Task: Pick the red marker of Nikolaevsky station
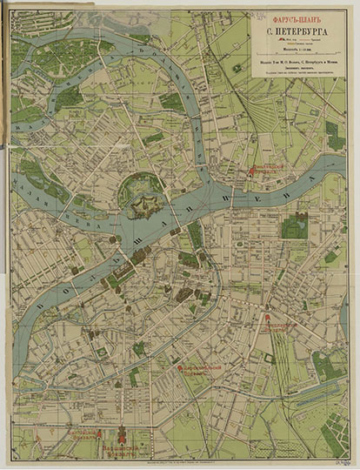(x=267, y=317)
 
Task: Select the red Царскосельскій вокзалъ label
(x=202, y=373)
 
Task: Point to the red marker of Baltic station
(x=99, y=433)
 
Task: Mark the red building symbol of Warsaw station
(x=122, y=433)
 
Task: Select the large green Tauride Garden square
(x=294, y=226)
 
